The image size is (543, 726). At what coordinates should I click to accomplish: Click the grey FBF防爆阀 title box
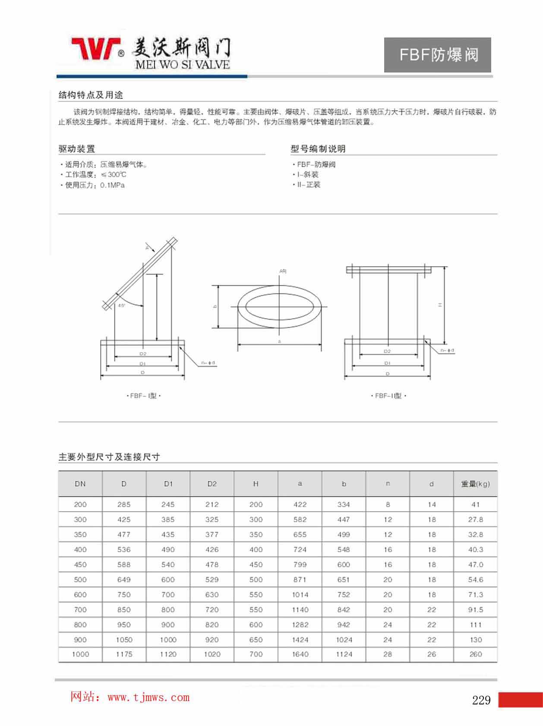(x=437, y=55)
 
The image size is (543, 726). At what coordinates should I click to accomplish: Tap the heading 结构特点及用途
(x=91, y=95)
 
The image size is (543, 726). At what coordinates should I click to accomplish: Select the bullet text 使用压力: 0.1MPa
(x=95, y=185)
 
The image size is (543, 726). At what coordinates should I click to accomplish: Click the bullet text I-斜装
(x=307, y=174)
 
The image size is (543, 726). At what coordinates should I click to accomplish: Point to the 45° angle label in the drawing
(x=121, y=305)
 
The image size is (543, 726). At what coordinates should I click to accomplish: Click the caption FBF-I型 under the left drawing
(x=143, y=396)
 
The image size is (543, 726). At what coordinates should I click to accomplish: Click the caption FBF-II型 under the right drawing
(x=388, y=396)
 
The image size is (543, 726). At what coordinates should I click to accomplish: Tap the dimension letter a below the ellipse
(x=279, y=341)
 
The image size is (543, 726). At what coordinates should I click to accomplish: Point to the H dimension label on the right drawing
(x=440, y=305)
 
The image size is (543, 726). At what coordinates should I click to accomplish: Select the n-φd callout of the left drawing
(x=208, y=363)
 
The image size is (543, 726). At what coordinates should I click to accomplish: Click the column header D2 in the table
(x=212, y=484)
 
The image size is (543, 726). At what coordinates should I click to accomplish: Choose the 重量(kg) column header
(x=475, y=484)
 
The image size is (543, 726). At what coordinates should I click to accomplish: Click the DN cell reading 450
(x=80, y=565)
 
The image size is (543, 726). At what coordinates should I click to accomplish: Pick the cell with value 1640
(x=300, y=654)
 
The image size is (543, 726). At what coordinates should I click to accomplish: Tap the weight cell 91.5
(x=475, y=610)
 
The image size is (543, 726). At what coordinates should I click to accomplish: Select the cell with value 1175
(x=124, y=654)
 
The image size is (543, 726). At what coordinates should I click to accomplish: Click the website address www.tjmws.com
(x=148, y=698)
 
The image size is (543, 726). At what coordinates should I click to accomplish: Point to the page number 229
(x=481, y=700)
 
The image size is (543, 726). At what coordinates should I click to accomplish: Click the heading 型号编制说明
(x=318, y=149)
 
